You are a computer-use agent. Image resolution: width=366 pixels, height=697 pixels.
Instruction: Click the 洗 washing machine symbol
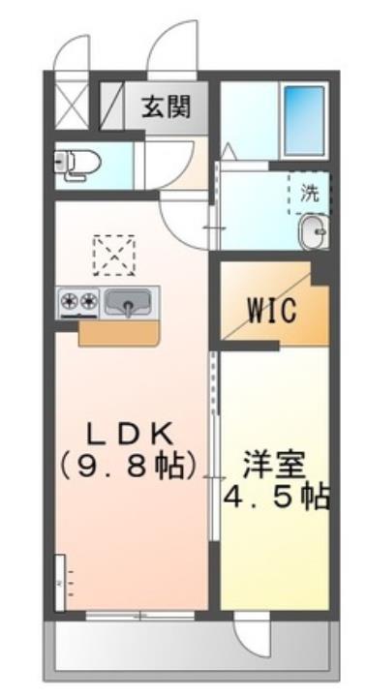309,193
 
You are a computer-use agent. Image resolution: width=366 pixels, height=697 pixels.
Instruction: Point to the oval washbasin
312,231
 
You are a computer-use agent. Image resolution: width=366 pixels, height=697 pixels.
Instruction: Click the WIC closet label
270,311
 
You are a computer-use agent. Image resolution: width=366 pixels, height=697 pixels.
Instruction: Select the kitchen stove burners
78,302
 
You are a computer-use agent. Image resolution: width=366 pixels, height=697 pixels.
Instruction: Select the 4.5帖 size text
277,499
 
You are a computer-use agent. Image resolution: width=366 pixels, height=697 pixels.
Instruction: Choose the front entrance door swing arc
172,48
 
